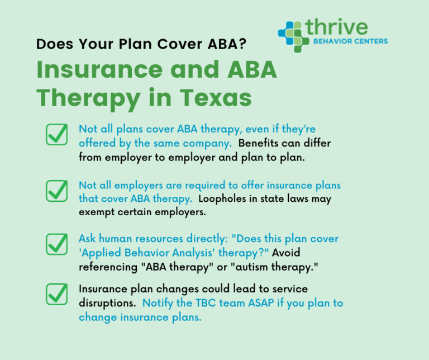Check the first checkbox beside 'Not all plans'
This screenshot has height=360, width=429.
coord(57,135)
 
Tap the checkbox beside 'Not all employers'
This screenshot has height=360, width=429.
coord(57,191)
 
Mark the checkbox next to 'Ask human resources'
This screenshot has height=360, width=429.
coord(57,244)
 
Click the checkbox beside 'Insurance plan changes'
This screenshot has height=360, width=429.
coord(57,295)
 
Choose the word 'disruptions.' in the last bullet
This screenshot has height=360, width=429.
coord(106,303)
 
